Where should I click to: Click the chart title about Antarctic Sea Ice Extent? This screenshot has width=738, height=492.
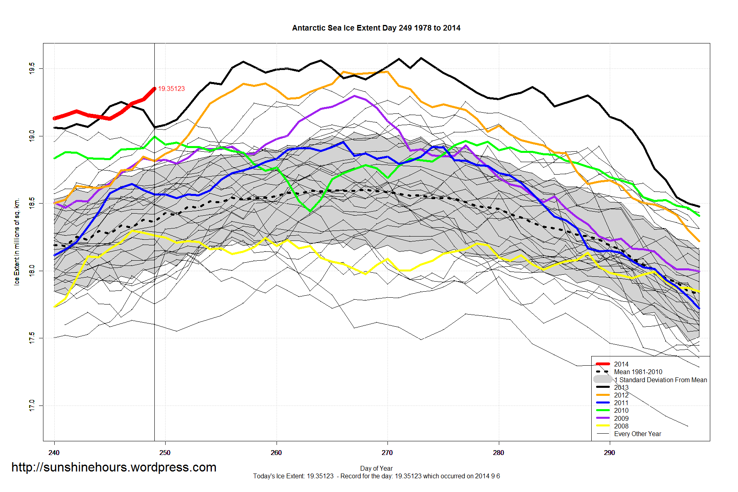click(376, 28)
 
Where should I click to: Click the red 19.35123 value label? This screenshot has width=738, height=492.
click(171, 89)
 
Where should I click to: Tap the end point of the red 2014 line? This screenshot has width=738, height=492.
click(154, 89)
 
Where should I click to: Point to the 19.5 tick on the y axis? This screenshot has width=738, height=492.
click(32, 68)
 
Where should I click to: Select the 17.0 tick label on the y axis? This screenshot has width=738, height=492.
click(32, 405)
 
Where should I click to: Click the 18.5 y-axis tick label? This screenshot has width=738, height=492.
click(32, 203)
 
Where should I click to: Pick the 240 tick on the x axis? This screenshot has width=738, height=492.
click(54, 453)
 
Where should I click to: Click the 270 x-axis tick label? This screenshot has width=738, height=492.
click(387, 453)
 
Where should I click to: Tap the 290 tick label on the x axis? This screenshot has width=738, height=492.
click(609, 453)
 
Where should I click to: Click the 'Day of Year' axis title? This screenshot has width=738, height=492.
click(376, 468)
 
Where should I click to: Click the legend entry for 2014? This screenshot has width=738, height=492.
click(621, 364)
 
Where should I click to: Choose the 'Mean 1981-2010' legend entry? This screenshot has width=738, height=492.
click(638, 372)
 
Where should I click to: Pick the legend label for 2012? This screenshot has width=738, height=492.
click(621, 395)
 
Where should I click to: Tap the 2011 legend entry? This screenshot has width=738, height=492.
click(621, 403)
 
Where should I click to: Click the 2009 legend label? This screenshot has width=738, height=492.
click(621, 418)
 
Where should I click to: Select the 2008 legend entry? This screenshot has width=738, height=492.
click(621, 426)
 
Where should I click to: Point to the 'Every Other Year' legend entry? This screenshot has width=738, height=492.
click(637, 434)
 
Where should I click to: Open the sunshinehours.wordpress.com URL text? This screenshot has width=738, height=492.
click(114, 467)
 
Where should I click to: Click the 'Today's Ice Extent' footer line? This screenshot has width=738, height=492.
click(376, 476)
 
